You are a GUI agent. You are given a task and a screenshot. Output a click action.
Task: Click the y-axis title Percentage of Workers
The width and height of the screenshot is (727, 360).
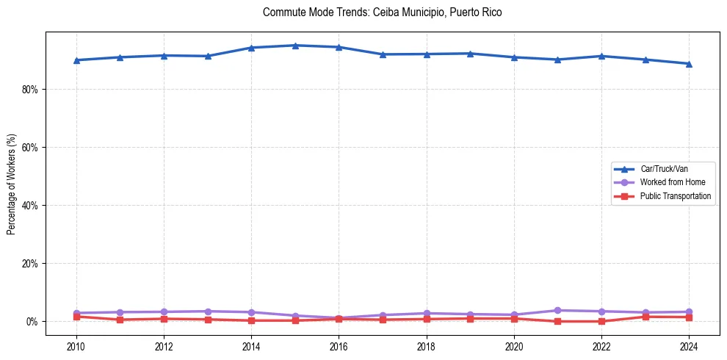click(12, 184)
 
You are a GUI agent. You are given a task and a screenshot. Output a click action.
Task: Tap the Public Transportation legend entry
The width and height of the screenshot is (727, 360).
click(675, 196)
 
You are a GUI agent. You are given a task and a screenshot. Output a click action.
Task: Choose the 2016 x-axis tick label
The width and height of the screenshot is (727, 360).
click(339, 346)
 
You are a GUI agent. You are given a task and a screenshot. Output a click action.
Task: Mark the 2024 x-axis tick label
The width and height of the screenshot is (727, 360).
click(689, 346)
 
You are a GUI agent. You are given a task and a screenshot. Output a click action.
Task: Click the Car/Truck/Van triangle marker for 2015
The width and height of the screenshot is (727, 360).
click(295, 46)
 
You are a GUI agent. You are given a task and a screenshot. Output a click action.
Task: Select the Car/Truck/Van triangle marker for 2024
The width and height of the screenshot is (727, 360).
click(689, 64)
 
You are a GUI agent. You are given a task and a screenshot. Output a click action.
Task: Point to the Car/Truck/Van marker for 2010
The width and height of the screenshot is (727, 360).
click(76, 60)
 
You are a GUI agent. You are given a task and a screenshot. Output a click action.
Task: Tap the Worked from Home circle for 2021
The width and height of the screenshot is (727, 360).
click(557, 311)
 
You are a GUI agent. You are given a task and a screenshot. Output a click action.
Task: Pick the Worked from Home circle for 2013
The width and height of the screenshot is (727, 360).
click(208, 312)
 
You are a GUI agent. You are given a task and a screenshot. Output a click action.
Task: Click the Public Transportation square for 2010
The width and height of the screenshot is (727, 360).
click(76, 317)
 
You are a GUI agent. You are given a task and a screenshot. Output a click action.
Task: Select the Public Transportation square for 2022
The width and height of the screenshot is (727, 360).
click(601, 321)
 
